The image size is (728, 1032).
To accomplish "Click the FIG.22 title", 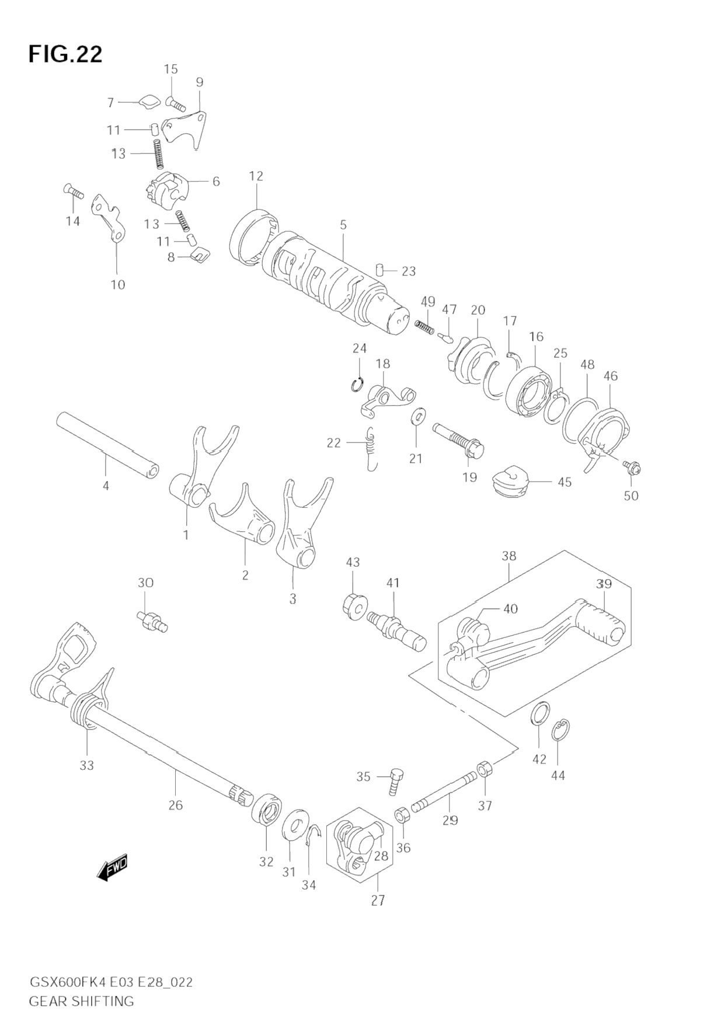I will tap(65, 54).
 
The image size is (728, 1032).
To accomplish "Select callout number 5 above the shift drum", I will tap(343, 225).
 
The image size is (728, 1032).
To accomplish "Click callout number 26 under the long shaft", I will tap(176, 806).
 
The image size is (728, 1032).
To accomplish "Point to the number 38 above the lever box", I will tap(509, 556).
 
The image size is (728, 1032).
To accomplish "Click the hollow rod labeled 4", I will tap(108, 445).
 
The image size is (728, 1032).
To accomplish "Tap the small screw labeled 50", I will tap(632, 466).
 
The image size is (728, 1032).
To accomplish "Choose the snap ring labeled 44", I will tap(561, 730).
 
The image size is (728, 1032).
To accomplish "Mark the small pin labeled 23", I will tap(381, 270).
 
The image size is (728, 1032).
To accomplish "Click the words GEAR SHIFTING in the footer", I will tap(81, 1001).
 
